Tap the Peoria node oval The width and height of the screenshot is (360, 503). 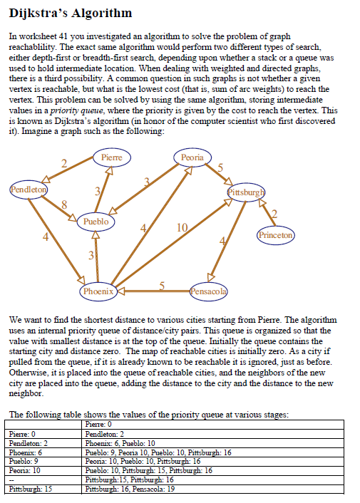[x=192, y=157]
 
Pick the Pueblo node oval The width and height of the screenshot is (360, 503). [x=96, y=222]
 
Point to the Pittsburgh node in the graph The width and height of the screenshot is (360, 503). [x=246, y=192]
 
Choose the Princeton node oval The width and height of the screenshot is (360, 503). [x=275, y=234]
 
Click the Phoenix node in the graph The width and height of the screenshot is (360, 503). [x=98, y=291]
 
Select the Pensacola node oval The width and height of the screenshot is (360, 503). [x=209, y=291]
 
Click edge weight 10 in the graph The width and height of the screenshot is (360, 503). [x=181, y=227]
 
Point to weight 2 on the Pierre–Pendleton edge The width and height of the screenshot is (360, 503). [x=63, y=165]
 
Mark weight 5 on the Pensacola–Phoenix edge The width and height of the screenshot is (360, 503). [x=162, y=286]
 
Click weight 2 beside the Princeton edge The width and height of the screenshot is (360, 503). [x=274, y=214]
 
